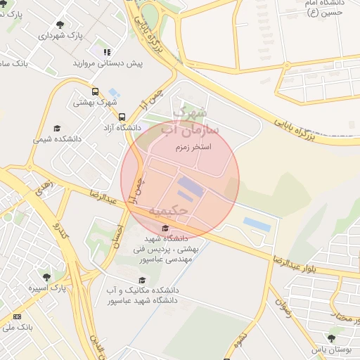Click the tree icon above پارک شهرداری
click(58, 25)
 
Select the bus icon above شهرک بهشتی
click(96, 91)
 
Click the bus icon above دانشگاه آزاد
click(122, 117)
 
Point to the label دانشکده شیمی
click(57, 139)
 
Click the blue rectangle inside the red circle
click(189, 186)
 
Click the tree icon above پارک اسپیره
click(46, 277)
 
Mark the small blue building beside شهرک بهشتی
click(113, 92)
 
